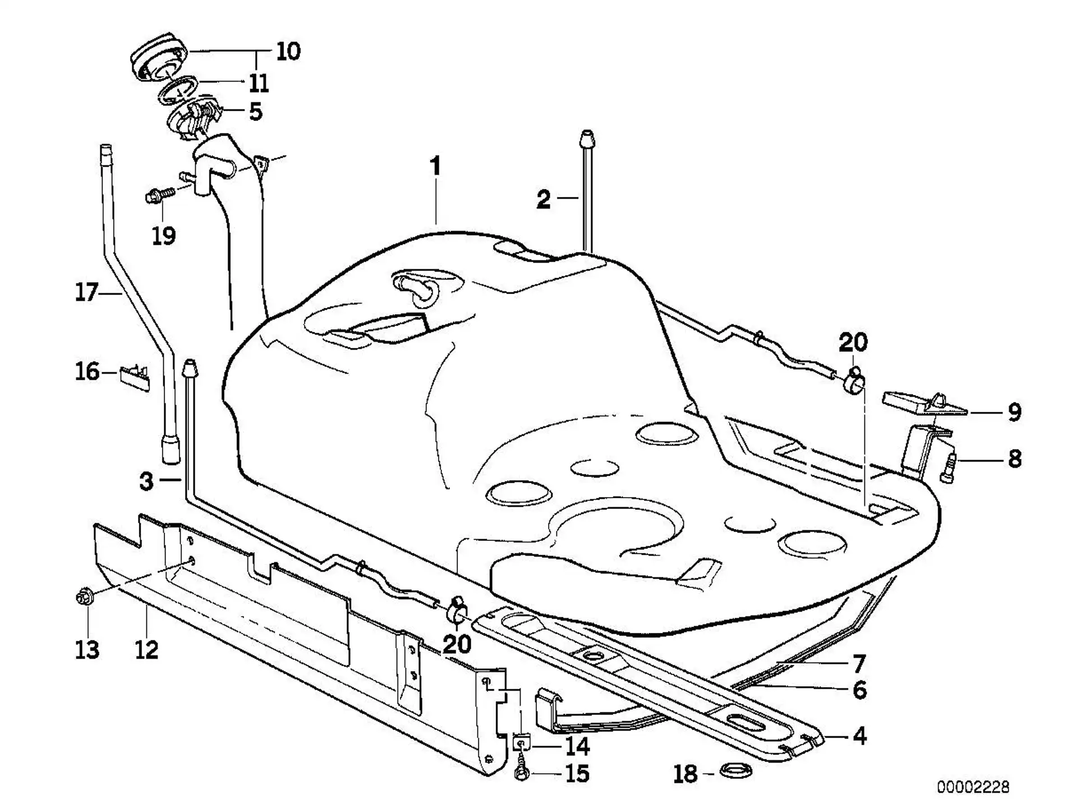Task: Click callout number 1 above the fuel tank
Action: (x=436, y=167)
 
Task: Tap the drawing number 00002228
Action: (x=973, y=787)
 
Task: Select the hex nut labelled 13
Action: (x=84, y=596)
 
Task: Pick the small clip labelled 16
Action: (x=135, y=377)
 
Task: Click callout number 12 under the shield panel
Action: (x=146, y=650)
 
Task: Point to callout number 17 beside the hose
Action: (x=86, y=292)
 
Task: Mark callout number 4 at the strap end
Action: (x=859, y=736)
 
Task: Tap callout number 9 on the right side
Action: (x=1014, y=412)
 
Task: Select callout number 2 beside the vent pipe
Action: (x=543, y=200)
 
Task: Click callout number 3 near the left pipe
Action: (x=146, y=481)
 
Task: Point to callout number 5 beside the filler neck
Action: (x=256, y=112)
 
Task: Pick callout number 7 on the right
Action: (x=859, y=664)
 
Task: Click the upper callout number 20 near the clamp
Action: (x=853, y=342)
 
